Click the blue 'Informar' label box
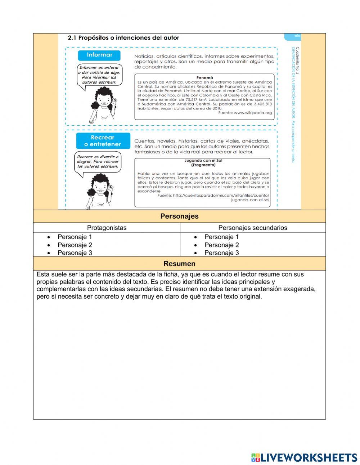(99, 55)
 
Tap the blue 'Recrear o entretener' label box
(103, 141)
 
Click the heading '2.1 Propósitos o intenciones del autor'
(123, 37)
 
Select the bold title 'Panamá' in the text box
(204, 77)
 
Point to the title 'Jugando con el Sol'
(203, 161)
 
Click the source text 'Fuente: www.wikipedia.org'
(245, 113)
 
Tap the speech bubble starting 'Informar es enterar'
(99, 75)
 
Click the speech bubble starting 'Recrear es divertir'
(98, 162)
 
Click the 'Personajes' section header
(179, 216)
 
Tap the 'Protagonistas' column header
(107, 228)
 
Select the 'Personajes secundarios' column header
(253, 228)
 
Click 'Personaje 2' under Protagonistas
(75, 245)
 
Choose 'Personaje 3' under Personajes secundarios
(221, 253)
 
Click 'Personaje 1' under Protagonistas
(75, 237)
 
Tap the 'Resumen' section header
(179, 264)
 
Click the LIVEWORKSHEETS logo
(304, 457)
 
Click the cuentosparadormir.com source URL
(213, 197)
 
